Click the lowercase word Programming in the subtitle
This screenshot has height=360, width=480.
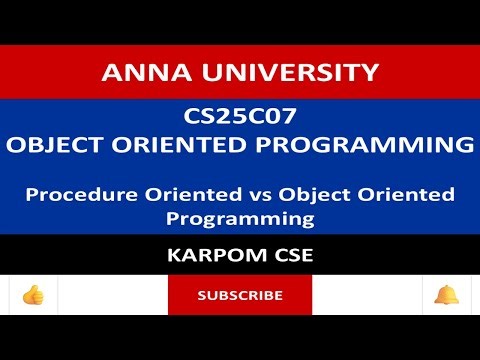tap(240, 215)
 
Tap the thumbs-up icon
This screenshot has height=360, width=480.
tap(33, 295)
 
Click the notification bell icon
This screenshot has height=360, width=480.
tap(446, 295)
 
